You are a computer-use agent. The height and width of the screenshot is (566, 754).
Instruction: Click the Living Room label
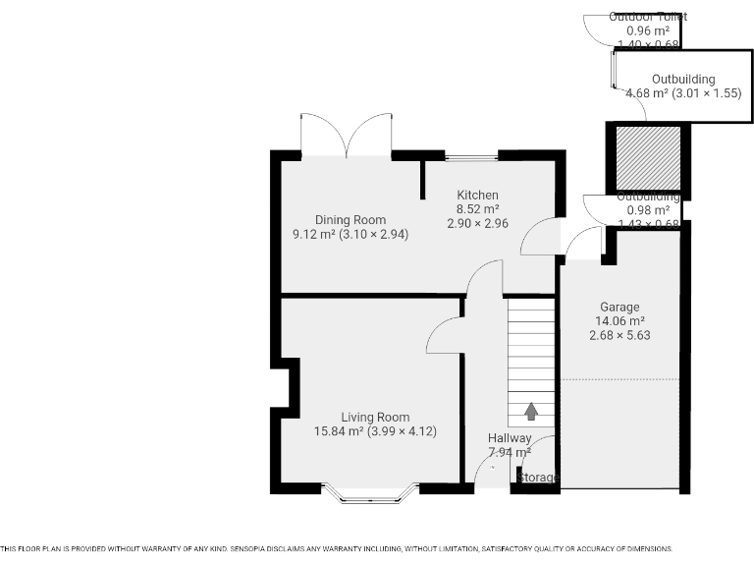click(375, 417)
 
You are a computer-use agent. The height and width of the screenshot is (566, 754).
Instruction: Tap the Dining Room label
click(350, 220)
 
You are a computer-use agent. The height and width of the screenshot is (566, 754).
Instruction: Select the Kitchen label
click(477, 196)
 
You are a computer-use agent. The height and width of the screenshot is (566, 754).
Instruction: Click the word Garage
click(619, 307)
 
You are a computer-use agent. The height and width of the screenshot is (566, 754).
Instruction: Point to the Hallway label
click(510, 438)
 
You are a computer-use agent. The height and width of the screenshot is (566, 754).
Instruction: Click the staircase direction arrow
click(531, 411)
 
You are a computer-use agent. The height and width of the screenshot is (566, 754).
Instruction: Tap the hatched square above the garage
click(647, 157)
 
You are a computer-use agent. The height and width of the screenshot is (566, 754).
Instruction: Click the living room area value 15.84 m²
click(339, 431)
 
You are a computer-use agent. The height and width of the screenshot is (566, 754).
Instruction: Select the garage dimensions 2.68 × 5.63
click(619, 335)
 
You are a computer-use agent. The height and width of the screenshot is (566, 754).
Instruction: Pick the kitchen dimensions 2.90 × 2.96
click(477, 224)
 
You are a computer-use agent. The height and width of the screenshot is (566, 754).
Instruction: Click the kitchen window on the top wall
click(471, 156)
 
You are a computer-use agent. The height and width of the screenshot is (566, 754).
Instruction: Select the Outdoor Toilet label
click(648, 17)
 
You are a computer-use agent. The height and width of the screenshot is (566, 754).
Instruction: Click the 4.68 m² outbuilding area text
click(646, 93)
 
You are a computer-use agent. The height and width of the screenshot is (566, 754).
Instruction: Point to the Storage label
click(538, 478)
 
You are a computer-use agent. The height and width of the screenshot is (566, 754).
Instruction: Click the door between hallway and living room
click(444, 337)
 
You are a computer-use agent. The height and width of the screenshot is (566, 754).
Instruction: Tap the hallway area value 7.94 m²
click(510, 453)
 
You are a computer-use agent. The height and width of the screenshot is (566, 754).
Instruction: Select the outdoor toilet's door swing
click(596, 28)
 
